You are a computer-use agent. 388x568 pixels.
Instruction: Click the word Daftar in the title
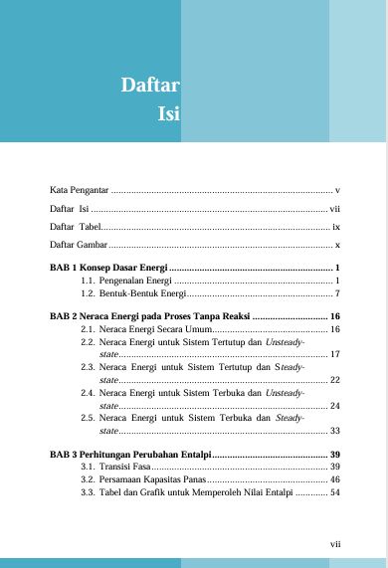(x=149, y=85)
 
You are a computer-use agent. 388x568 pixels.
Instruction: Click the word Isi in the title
(x=167, y=113)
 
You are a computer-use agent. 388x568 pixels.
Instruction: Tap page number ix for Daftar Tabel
(x=336, y=226)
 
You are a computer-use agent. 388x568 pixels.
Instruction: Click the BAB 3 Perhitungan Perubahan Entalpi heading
(x=129, y=454)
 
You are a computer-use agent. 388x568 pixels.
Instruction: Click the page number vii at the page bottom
(x=335, y=544)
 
